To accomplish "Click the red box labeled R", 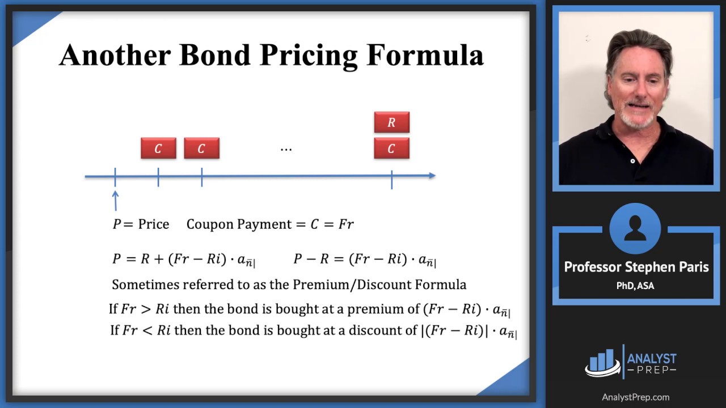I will point(391,122).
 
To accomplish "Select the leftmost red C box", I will point(158,148).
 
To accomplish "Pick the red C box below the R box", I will point(391,148).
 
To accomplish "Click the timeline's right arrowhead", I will point(432,176).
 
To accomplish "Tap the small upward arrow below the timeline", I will point(115,199).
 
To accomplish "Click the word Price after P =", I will point(154,224).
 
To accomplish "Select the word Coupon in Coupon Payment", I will point(210,224).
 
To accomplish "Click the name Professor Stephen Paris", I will point(636,267).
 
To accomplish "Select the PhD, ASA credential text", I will point(635,286).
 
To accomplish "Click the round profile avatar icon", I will point(635,229).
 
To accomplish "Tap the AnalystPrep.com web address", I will point(635,397).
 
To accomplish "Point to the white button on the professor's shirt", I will point(633,161).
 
